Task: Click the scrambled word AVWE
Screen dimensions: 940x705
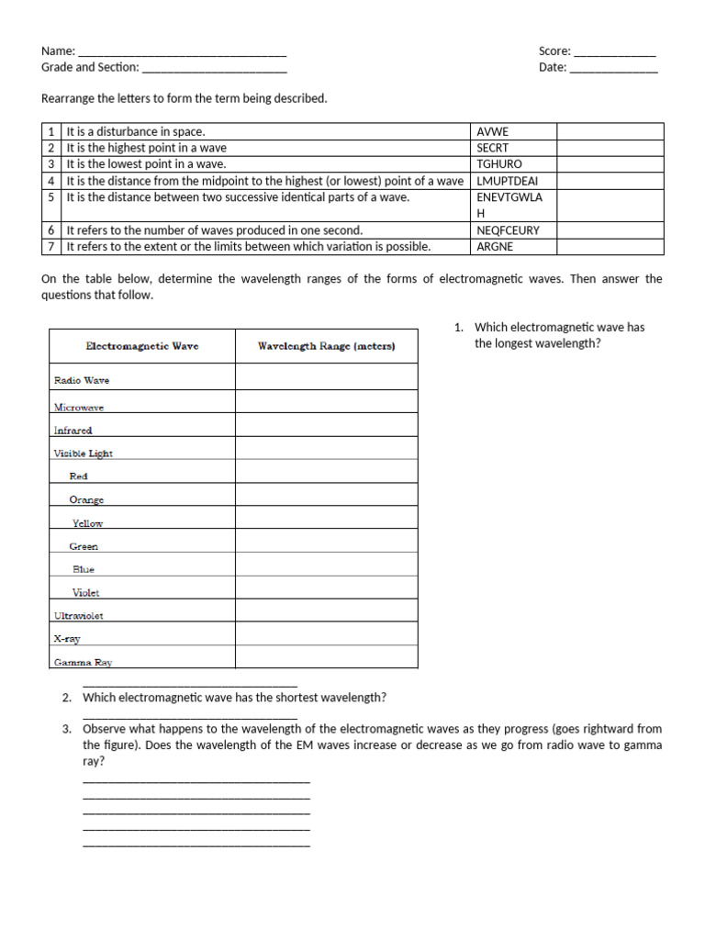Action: pos(492,131)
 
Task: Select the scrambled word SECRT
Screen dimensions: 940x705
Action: pos(492,148)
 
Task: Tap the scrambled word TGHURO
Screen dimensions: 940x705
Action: pos(499,164)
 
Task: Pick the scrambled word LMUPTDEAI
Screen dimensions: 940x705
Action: pos(508,181)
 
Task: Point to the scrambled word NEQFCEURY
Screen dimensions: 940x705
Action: pos(509,230)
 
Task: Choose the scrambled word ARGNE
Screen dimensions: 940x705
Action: pos(496,247)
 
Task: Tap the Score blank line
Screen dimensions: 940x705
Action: pos(614,52)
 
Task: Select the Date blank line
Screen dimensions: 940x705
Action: pos(613,68)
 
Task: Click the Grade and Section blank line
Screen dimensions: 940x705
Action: pos(214,68)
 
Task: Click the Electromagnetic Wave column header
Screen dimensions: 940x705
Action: pos(142,346)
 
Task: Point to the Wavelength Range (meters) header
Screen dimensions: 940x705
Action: pos(326,346)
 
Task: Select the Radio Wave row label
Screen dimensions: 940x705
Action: pos(82,379)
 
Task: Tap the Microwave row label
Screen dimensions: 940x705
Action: pos(79,407)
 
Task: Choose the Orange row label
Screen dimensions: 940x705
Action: pos(86,499)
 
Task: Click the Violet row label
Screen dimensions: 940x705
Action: pos(86,593)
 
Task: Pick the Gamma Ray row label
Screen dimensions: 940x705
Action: pos(84,661)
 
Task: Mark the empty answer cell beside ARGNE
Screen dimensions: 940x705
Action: pos(610,247)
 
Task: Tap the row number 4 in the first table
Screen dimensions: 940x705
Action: pos(52,181)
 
